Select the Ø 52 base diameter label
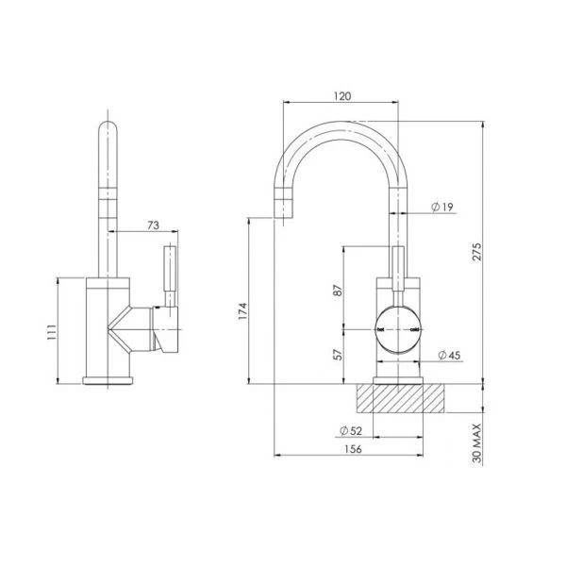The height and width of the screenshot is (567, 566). (x=351, y=431)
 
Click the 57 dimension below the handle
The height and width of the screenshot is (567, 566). (x=337, y=356)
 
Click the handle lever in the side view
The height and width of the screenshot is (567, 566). (x=170, y=274)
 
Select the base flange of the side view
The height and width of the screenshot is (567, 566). (x=110, y=379)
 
